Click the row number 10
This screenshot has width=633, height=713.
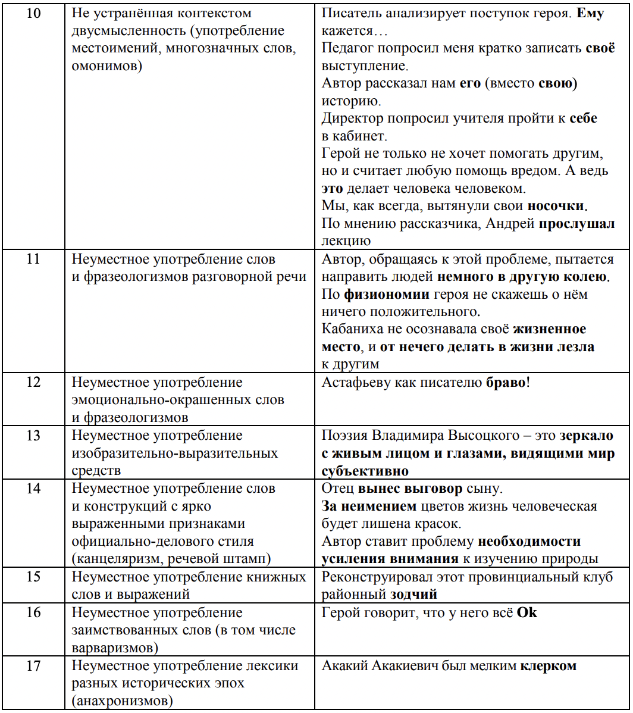tap(35, 13)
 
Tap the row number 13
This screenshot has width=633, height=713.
tap(35, 436)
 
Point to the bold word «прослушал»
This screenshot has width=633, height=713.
tap(578, 224)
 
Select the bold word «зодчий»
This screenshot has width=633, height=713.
tap(413, 594)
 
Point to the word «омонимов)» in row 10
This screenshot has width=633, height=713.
tap(106, 66)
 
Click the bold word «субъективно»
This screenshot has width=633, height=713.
tap(365, 471)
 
